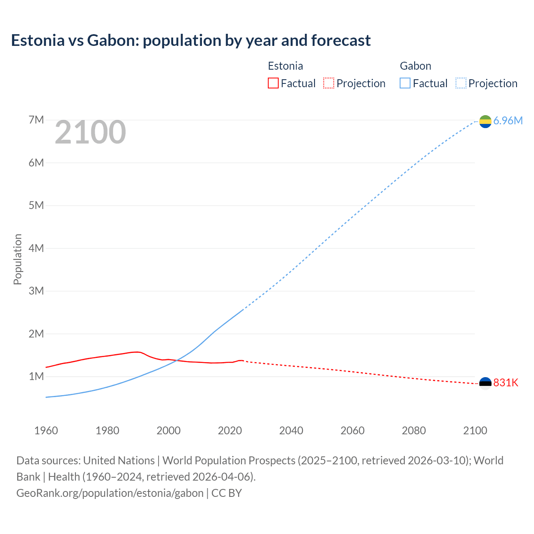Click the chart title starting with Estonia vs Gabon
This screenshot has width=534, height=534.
pyautogui.click(x=191, y=40)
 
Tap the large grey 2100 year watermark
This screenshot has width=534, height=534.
pyautogui.click(x=90, y=132)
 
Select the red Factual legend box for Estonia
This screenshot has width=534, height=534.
pyautogui.click(x=273, y=83)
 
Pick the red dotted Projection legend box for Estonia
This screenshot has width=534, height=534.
pyautogui.click(x=329, y=83)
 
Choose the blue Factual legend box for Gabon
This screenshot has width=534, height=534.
pyautogui.click(x=405, y=83)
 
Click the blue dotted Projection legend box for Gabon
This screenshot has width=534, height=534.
pyautogui.click(x=461, y=83)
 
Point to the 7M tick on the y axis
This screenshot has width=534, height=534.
pyautogui.click(x=36, y=120)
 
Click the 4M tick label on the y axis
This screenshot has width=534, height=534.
pyautogui.click(x=36, y=248)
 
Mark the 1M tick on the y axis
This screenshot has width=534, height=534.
pyautogui.click(x=36, y=376)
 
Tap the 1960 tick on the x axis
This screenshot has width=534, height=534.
pyautogui.click(x=46, y=431)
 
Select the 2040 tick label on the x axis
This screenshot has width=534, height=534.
pyautogui.click(x=291, y=431)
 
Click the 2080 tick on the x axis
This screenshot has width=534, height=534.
pyautogui.click(x=414, y=431)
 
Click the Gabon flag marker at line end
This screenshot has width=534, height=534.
pyautogui.click(x=485, y=121)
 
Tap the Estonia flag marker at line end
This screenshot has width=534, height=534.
pyautogui.click(x=485, y=383)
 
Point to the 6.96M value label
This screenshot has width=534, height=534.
pyautogui.click(x=508, y=121)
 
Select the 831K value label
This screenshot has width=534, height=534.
pyautogui.click(x=506, y=383)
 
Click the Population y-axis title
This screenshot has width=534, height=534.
pyautogui.click(x=18, y=259)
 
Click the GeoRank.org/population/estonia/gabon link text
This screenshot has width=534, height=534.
pyautogui.click(x=110, y=493)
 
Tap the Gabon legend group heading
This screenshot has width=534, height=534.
pyautogui.click(x=416, y=66)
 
